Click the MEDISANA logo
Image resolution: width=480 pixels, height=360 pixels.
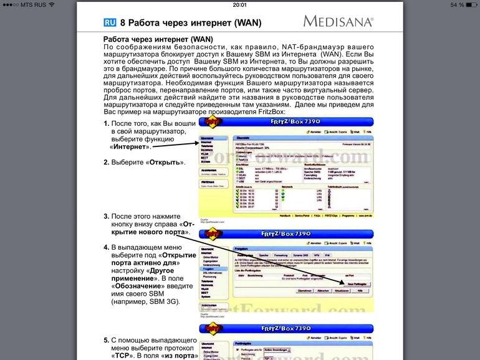[338, 22]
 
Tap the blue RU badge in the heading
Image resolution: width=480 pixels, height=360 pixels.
[110, 23]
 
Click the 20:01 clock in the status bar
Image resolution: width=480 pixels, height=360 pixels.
[239, 4]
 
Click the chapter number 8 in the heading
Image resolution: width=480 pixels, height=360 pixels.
[123, 23]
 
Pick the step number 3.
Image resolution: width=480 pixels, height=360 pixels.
[106, 217]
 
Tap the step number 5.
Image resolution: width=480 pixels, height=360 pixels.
[106, 341]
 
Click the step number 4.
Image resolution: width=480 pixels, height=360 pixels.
[106, 247]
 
